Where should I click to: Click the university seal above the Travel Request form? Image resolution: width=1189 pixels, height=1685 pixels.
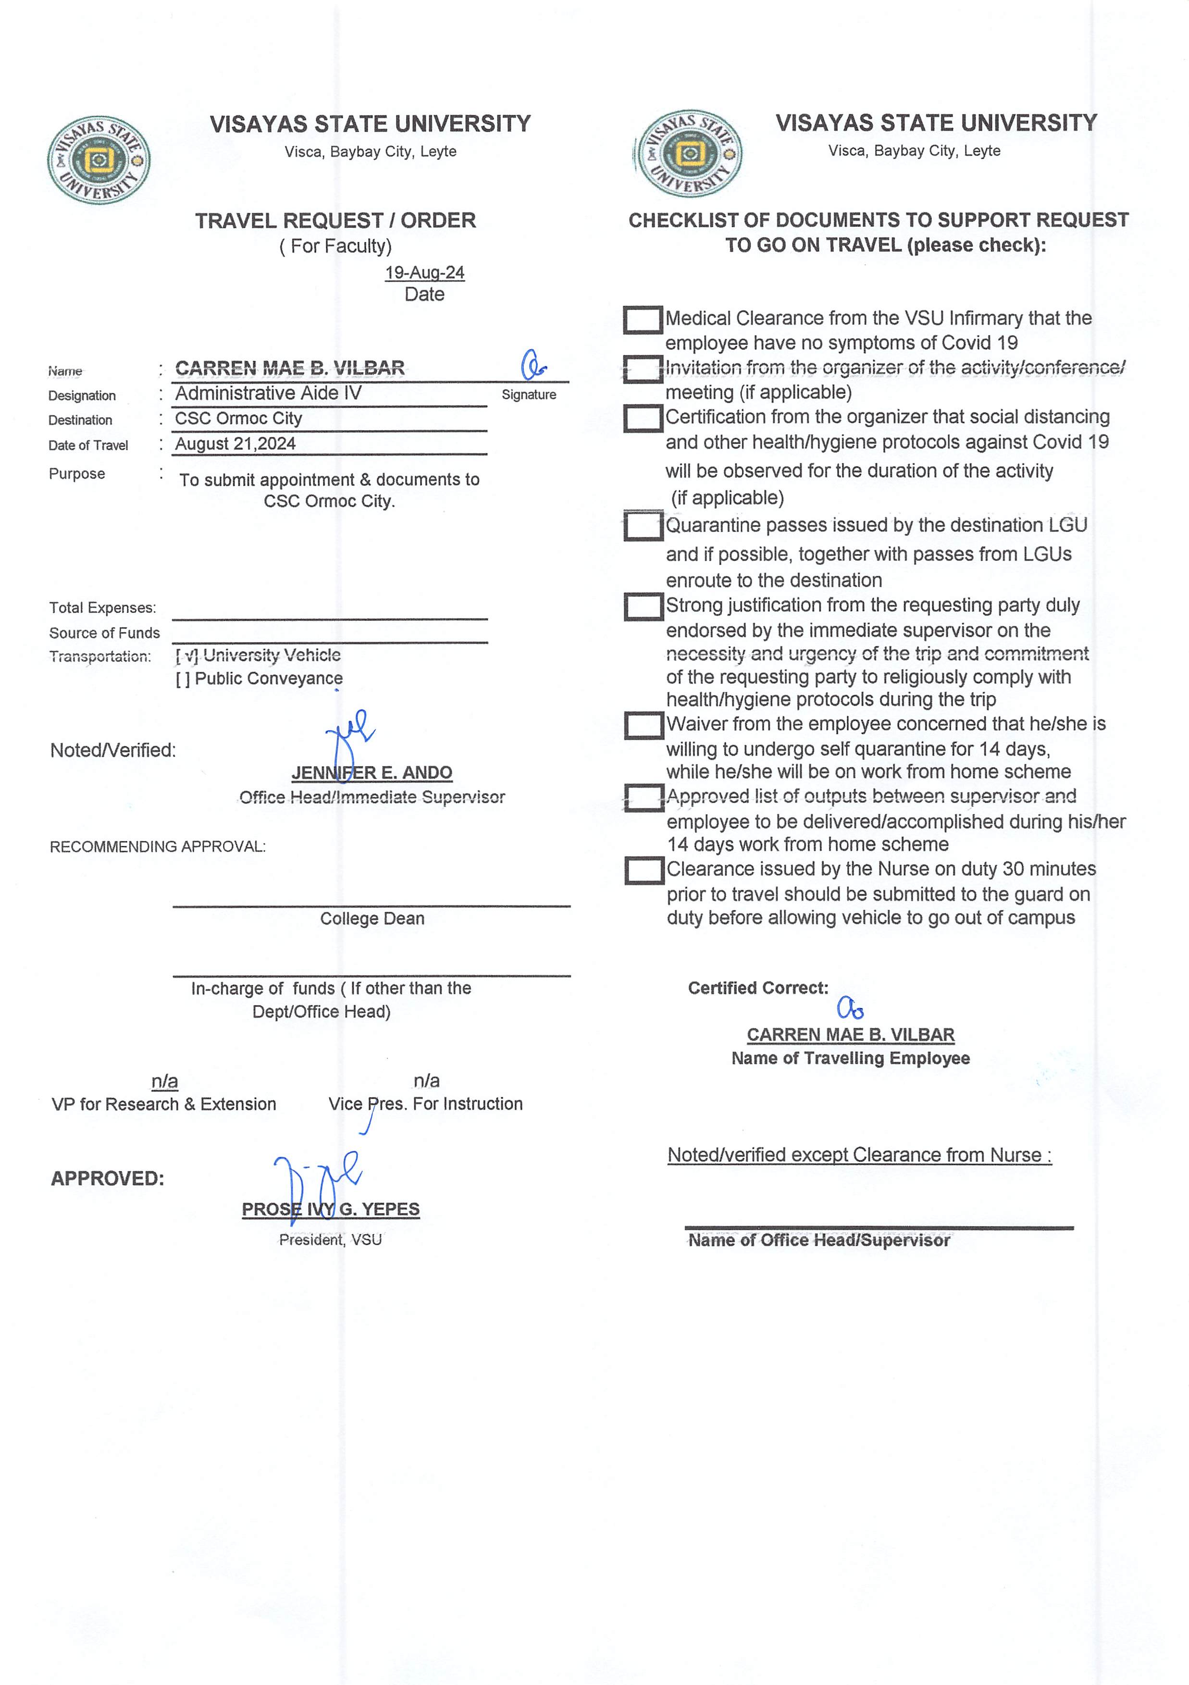click(99, 160)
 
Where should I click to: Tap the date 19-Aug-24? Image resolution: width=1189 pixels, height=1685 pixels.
click(424, 273)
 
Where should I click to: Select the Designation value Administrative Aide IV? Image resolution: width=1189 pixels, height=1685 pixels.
click(268, 393)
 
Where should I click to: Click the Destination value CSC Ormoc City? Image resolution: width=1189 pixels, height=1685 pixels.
click(238, 418)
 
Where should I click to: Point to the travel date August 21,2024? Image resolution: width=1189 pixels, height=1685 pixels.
click(235, 444)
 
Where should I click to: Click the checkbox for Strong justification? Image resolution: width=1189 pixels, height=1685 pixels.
click(644, 607)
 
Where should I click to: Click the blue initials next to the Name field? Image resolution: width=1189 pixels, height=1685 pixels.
click(533, 365)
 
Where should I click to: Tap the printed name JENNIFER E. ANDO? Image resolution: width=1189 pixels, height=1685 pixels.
click(372, 773)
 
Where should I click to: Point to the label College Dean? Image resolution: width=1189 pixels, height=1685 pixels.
click(372, 919)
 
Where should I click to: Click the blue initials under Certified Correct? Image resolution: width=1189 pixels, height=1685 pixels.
click(851, 1009)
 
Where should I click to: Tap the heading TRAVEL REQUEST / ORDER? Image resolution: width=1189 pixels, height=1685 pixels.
click(335, 220)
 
